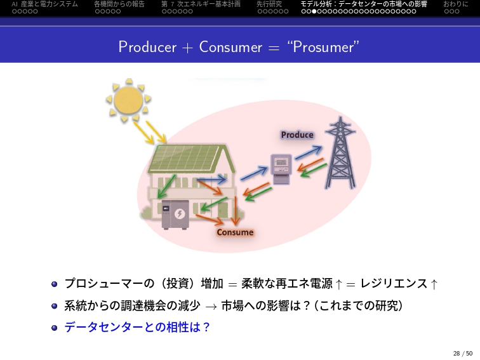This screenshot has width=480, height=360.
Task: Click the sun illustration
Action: coord(128,100)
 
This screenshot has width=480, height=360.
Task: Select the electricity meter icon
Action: coord(281,170)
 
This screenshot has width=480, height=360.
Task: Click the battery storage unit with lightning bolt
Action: coord(175,215)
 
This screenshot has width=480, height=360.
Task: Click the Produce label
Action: coord(297,135)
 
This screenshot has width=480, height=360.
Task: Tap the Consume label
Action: coord(235,232)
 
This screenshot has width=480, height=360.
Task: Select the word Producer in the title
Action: coord(147,47)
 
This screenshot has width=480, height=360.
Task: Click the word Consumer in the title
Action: coord(230,47)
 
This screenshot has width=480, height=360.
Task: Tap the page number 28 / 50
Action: coord(463,353)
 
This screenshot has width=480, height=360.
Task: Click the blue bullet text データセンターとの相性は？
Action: coord(137,327)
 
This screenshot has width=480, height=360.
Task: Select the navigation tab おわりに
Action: coord(456,4)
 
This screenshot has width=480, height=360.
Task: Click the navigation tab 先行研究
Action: coord(269,4)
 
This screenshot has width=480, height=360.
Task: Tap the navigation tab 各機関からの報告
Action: coord(119,4)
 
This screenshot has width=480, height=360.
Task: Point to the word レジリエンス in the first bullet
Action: coord(394,283)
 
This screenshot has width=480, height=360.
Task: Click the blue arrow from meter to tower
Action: coord(309,152)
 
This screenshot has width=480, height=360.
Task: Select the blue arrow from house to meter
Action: coord(254,173)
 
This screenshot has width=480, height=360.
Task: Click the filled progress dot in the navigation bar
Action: coord(314,11)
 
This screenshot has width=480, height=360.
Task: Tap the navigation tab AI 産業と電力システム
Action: coord(44,4)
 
